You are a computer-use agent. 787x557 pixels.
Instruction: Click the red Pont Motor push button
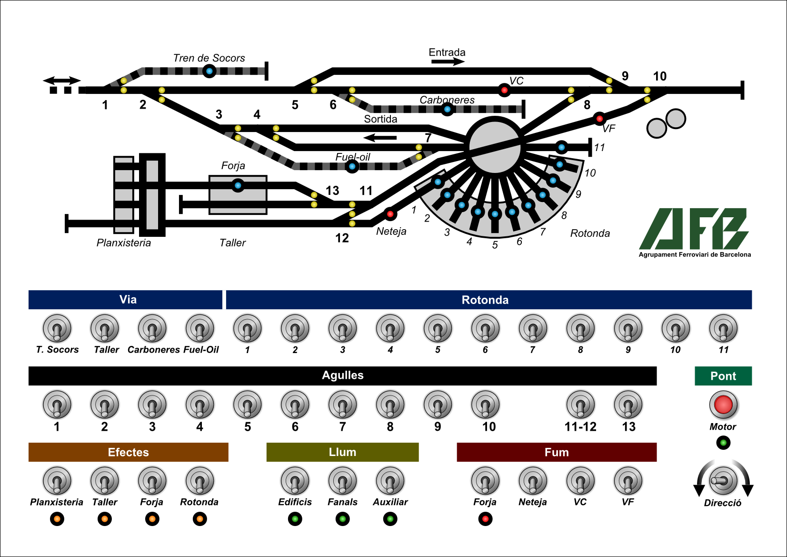[x=723, y=405]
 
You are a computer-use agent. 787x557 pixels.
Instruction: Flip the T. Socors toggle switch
[x=57, y=328]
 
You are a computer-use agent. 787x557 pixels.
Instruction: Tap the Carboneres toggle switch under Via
[x=152, y=328]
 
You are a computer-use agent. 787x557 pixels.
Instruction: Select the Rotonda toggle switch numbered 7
[x=533, y=328]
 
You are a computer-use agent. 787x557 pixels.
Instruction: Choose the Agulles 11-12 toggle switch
[x=580, y=405]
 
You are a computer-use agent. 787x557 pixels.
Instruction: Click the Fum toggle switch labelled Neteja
[x=533, y=481]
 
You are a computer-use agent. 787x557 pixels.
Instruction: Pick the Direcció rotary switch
[x=723, y=481]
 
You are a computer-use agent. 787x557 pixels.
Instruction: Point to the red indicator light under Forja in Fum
[x=485, y=519]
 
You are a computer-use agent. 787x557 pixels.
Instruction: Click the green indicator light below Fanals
[x=342, y=519]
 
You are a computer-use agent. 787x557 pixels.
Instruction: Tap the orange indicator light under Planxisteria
[x=57, y=519]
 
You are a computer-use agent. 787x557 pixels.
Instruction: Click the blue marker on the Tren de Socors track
[x=209, y=71]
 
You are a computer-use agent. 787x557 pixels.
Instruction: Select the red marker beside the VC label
[x=504, y=90]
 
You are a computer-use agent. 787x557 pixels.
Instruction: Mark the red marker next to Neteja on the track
[x=390, y=214]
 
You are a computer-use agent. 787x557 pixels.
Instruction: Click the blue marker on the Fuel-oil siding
[x=352, y=166]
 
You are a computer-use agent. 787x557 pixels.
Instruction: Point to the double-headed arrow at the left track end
[x=62, y=81]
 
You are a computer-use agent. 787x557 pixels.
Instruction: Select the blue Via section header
[x=125, y=300]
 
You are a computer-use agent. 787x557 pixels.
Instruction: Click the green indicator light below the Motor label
[x=723, y=443]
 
